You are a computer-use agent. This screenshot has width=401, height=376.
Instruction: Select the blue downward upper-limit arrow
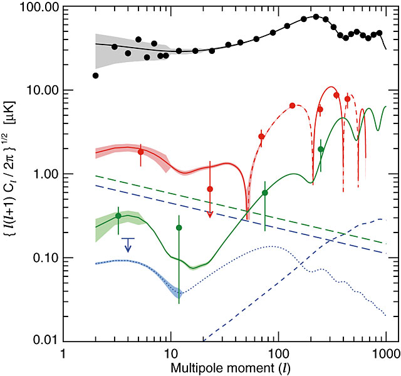(x=128, y=245)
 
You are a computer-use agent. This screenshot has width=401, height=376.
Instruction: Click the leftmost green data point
(x=118, y=216)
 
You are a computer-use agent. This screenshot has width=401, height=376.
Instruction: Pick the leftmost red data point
(x=140, y=152)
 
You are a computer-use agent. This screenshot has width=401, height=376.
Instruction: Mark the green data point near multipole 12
(x=179, y=227)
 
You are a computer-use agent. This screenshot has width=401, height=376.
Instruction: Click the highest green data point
(x=321, y=149)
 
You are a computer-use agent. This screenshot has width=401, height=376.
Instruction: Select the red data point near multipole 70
(x=261, y=137)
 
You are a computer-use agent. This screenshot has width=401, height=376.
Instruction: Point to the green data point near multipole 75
(x=265, y=193)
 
